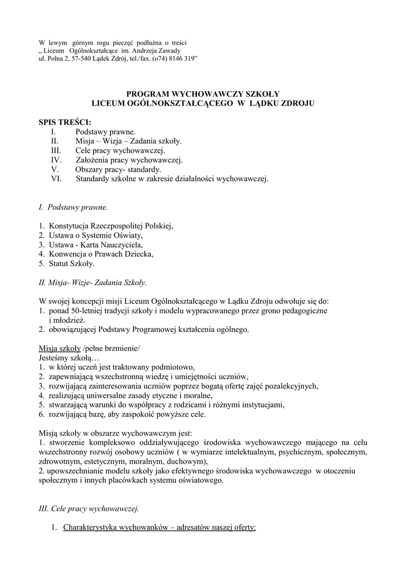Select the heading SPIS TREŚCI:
(64, 122)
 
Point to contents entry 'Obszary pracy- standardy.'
(118, 169)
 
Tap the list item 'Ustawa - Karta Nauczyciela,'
(96, 245)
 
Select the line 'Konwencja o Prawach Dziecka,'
(101, 254)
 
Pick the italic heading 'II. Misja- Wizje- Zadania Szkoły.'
(93, 282)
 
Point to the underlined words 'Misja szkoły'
(60, 348)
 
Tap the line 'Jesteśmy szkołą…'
(68, 358)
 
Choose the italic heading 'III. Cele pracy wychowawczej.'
(89, 509)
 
